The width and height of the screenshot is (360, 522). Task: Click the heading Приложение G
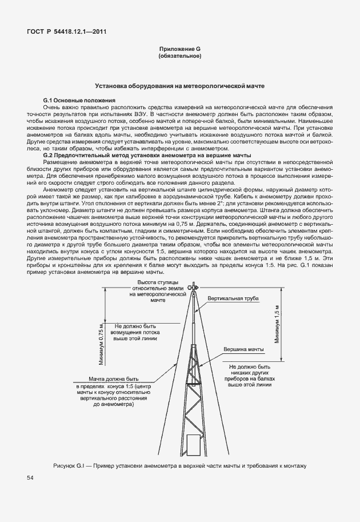pyautogui.click(x=180, y=50)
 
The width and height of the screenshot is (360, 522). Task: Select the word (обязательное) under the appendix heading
pyautogui.click(x=180, y=57)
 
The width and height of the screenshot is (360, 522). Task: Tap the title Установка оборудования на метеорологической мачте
pyautogui.click(x=179, y=86)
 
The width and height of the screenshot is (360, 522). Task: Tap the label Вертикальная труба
pyautogui.click(x=233, y=299)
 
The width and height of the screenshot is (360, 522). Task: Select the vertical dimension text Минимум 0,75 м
pyautogui.click(x=101, y=342)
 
